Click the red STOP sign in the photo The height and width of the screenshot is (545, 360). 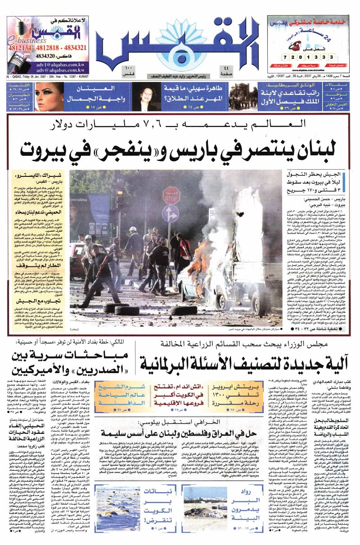[171, 195]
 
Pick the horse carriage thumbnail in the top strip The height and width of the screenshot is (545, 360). [243, 96]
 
